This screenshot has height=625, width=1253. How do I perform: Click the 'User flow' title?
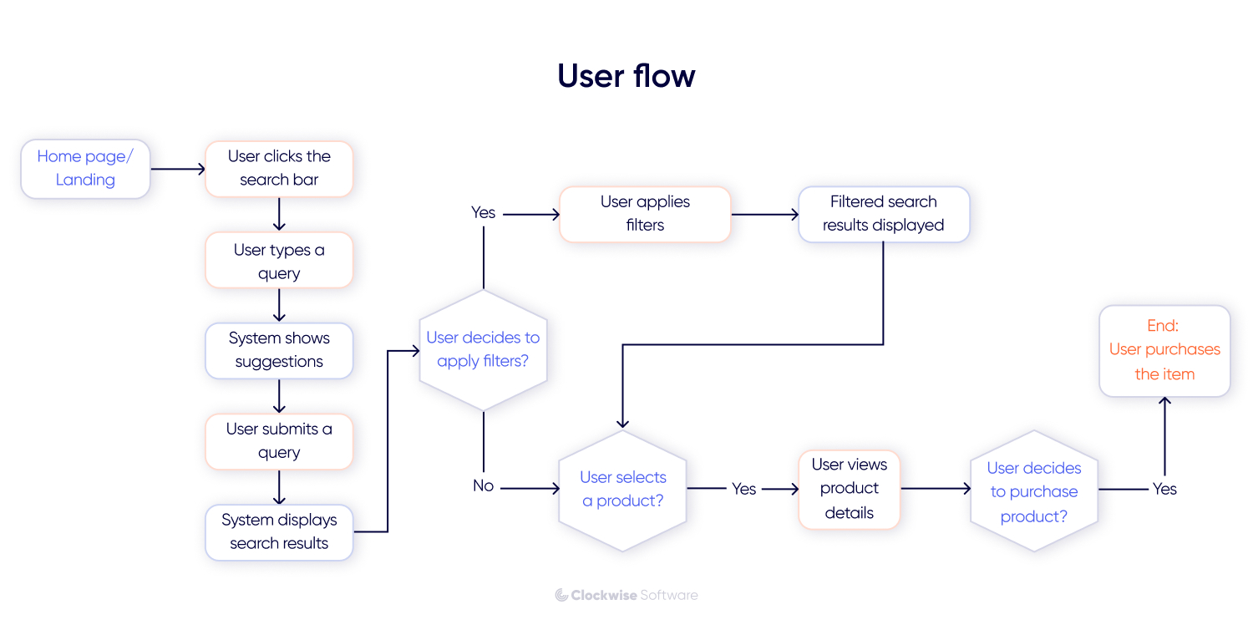626,76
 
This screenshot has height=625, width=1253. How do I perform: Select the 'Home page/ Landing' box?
85,169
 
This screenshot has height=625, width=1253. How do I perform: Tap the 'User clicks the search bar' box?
279,169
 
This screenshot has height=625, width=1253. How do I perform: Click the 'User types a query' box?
279,262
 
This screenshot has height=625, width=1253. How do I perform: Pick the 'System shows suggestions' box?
279,350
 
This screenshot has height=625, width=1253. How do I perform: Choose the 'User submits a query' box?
279,441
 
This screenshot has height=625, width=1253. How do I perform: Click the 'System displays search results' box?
279,531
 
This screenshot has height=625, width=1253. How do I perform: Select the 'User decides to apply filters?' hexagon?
483,350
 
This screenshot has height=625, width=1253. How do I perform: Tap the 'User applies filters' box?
645,214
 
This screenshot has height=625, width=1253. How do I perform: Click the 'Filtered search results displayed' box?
883,214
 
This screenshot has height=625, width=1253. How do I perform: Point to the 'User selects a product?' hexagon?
622,490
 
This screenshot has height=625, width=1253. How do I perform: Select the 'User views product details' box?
849,489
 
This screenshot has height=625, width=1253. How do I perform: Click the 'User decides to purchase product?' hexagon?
1033,491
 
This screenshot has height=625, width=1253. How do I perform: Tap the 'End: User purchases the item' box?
1164,350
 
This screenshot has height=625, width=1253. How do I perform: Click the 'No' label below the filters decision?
483,486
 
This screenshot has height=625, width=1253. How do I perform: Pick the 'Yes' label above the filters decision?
483,213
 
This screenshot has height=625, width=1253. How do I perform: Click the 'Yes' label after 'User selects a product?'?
743,489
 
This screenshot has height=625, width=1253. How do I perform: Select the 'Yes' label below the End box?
1164,489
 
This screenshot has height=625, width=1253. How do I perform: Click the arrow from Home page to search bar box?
178,169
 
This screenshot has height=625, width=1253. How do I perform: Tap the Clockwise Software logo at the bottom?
626,595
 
